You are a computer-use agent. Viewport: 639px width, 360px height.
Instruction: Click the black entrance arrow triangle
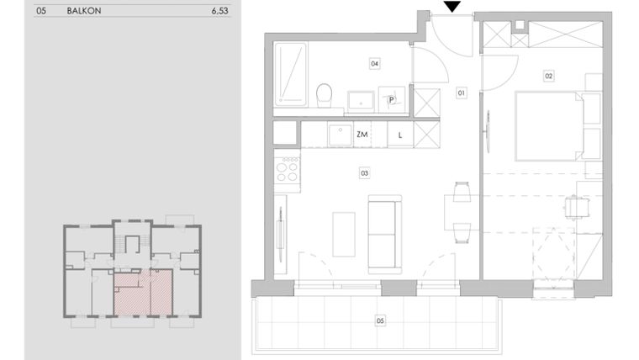452,8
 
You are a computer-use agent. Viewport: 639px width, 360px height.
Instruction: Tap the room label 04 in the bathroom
375,63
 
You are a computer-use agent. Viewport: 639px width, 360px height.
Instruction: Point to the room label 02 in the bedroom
548,77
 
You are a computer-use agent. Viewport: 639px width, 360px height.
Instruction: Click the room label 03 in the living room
364,173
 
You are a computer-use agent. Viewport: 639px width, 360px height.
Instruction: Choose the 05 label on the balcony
380,320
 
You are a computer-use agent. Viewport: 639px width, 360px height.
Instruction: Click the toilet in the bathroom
323,95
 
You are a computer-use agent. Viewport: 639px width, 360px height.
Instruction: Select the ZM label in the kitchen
362,135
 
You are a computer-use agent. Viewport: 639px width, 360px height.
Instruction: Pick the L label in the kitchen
400,135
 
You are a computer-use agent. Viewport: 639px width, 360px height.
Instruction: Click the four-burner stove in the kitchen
287,172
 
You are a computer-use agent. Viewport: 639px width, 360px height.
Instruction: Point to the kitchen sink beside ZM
339,134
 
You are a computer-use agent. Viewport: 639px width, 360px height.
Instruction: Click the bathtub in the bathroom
291,74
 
